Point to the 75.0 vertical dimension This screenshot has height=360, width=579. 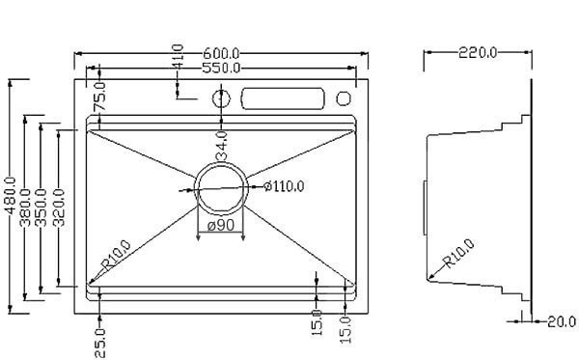98,98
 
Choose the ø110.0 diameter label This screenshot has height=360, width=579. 283,186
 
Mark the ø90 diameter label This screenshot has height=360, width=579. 222,226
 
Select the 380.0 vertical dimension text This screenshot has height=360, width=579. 28,208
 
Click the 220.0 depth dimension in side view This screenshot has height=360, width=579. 477,53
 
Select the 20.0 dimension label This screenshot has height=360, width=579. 561,321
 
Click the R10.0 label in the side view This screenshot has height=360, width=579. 459,254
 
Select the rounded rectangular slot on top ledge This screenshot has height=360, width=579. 282,98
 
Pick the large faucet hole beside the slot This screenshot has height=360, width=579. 221,98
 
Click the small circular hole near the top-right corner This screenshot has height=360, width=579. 345,98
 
